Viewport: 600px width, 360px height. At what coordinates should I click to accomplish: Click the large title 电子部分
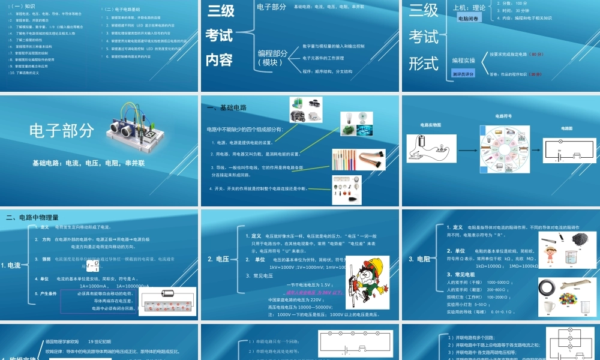point(62,130)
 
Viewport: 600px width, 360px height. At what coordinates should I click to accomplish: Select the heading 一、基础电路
point(226,108)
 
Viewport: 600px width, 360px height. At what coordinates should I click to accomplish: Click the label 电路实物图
point(430,125)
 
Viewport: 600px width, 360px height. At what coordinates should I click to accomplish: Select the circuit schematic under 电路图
point(567,150)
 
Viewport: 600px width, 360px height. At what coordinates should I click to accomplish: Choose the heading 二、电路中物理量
point(32,217)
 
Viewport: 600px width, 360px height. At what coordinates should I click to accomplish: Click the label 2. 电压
point(218,259)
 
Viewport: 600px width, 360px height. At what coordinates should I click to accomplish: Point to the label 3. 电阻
point(419,259)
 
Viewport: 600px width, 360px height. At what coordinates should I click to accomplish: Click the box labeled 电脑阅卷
point(469,19)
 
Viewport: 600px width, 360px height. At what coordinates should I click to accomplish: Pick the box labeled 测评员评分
point(463,73)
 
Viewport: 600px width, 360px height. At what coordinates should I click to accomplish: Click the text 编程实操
point(464,60)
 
